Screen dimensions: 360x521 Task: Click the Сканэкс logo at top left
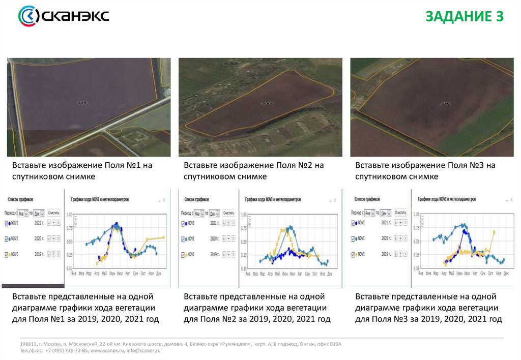pyautogui.click(x=63, y=16)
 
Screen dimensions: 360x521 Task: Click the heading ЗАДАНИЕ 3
pyautogui.click(x=464, y=17)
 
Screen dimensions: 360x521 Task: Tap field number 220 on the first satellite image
pyautogui.click(x=82, y=103)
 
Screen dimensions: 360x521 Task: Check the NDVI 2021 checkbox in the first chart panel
pyautogui.click(x=6, y=223)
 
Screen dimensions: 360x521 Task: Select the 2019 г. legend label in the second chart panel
pyautogui.click(x=216, y=253)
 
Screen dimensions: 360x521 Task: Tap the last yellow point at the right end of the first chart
pyautogui.click(x=163, y=237)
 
